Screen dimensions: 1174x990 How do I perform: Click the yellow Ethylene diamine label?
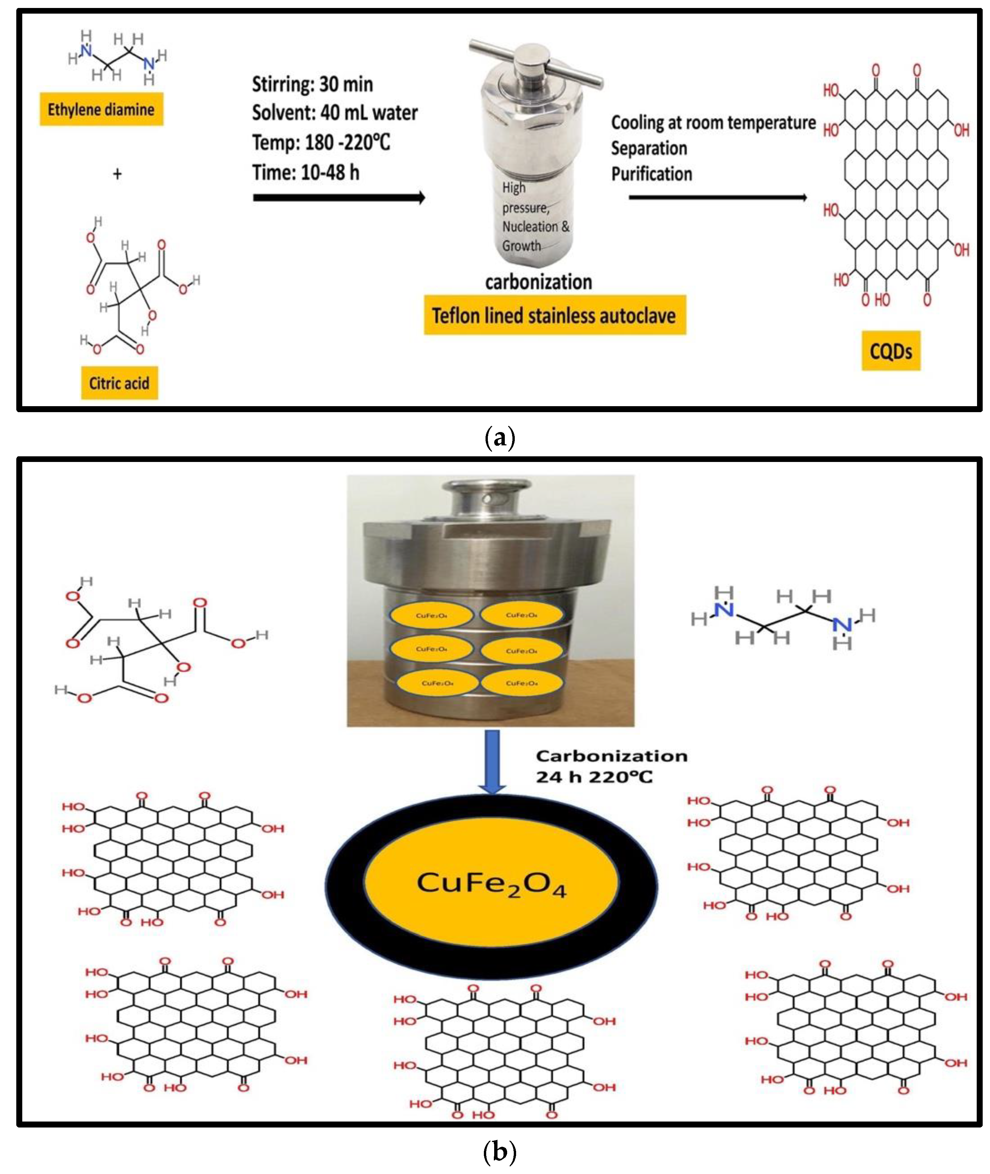pyautogui.click(x=101, y=109)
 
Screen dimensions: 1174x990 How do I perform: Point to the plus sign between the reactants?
pyautogui.click(x=117, y=174)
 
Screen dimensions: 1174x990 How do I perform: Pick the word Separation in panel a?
pyautogui.click(x=649, y=149)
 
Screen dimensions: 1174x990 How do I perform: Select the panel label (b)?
pyautogui.click(x=498, y=1153)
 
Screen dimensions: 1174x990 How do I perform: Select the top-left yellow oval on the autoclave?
pyautogui.click(x=431, y=615)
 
